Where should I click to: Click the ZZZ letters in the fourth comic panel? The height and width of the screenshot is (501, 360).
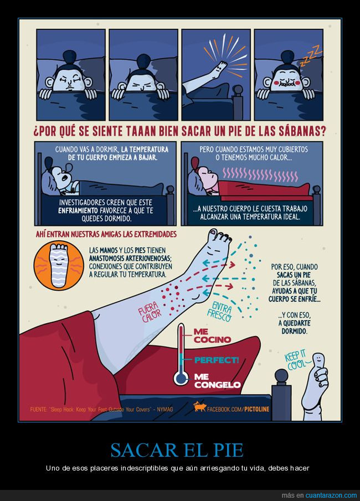point(311,55)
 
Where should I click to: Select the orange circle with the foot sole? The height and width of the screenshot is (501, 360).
point(59,265)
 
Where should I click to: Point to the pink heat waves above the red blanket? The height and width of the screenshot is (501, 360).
point(260,174)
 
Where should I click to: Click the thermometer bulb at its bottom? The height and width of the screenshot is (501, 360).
point(181,378)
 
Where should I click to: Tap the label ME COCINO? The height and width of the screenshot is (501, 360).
point(212,336)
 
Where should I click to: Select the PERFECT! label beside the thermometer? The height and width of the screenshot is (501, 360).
point(217,360)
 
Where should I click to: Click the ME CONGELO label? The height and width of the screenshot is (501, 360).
point(217,381)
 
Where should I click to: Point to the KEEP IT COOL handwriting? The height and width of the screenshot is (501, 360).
point(296,360)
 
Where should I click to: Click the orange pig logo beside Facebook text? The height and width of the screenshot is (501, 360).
point(199,406)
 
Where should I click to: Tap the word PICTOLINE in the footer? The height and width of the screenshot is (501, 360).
point(257,409)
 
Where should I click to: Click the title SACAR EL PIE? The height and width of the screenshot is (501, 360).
point(177,450)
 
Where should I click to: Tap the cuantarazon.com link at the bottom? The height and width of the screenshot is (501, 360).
point(331,495)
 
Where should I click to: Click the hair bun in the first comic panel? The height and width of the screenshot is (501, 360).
point(69,56)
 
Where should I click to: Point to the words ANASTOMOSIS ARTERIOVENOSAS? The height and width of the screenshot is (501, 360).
point(130,258)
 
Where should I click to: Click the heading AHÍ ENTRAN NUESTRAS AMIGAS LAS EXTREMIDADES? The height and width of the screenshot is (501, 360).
point(106,234)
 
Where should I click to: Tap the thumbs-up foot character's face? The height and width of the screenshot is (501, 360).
point(318,360)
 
